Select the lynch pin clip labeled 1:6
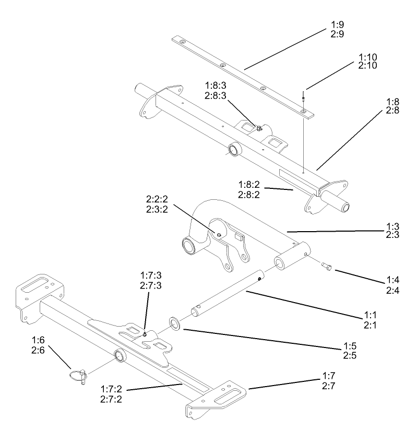click(78, 375)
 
